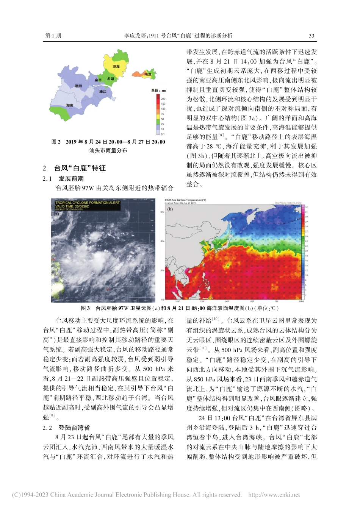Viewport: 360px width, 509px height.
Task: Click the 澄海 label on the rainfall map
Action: pos(116,67)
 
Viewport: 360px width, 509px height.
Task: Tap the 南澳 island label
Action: pos(148,75)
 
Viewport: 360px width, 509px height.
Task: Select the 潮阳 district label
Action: pos(78,86)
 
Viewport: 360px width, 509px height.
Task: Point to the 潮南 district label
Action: pos(70,105)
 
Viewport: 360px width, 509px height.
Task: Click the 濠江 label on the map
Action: pos(103,92)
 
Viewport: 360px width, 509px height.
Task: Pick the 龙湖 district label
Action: pos(110,79)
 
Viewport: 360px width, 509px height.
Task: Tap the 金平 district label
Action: pos(98,80)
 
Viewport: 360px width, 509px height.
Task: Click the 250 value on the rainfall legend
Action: pos(163,98)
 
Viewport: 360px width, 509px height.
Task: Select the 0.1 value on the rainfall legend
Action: pos(163,134)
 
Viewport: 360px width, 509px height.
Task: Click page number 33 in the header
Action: pos(311,36)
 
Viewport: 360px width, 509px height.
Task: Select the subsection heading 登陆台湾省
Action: pos(74,428)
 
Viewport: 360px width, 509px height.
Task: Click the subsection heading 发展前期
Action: pos(71,178)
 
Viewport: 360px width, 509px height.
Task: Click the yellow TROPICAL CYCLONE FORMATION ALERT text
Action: pos(88,203)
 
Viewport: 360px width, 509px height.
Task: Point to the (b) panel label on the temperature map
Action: pos(170,209)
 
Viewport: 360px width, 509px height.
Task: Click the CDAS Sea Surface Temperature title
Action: pos(186,200)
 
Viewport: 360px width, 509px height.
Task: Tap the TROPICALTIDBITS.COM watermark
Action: pos(288,203)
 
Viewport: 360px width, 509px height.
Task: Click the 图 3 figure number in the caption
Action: pos(85,308)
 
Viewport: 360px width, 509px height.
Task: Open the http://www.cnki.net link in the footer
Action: pos(274,495)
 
